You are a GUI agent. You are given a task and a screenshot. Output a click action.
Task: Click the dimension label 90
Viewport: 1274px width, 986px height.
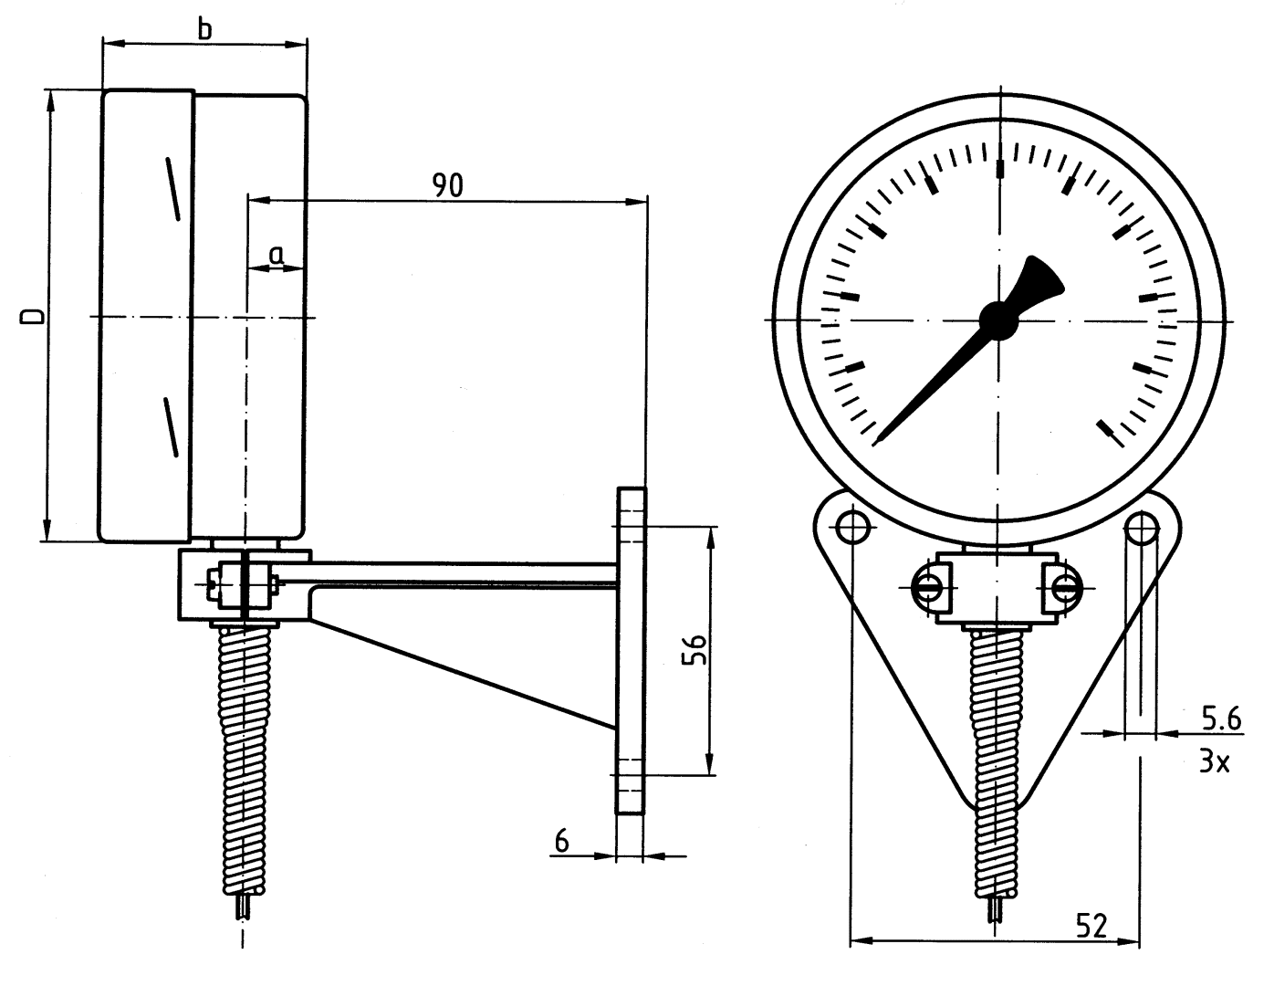tap(447, 185)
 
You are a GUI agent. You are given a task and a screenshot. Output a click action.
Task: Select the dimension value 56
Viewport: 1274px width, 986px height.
tap(695, 649)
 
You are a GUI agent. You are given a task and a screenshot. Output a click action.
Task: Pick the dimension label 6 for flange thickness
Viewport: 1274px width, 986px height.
tap(562, 841)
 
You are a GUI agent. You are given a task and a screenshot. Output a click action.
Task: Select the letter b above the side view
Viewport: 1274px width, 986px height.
tap(204, 29)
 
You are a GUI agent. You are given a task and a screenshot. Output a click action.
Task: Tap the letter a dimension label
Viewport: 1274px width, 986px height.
tap(277, 253)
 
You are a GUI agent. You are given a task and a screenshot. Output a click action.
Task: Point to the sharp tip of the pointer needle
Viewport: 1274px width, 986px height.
tap(876, 444)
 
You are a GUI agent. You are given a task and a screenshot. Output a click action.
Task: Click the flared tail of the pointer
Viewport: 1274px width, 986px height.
tap(1041, 278)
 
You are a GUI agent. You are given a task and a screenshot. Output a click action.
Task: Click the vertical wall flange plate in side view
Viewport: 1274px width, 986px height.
tap(631, 650)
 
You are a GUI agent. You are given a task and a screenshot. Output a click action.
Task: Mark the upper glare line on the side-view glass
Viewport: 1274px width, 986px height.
tap(173, 189)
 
